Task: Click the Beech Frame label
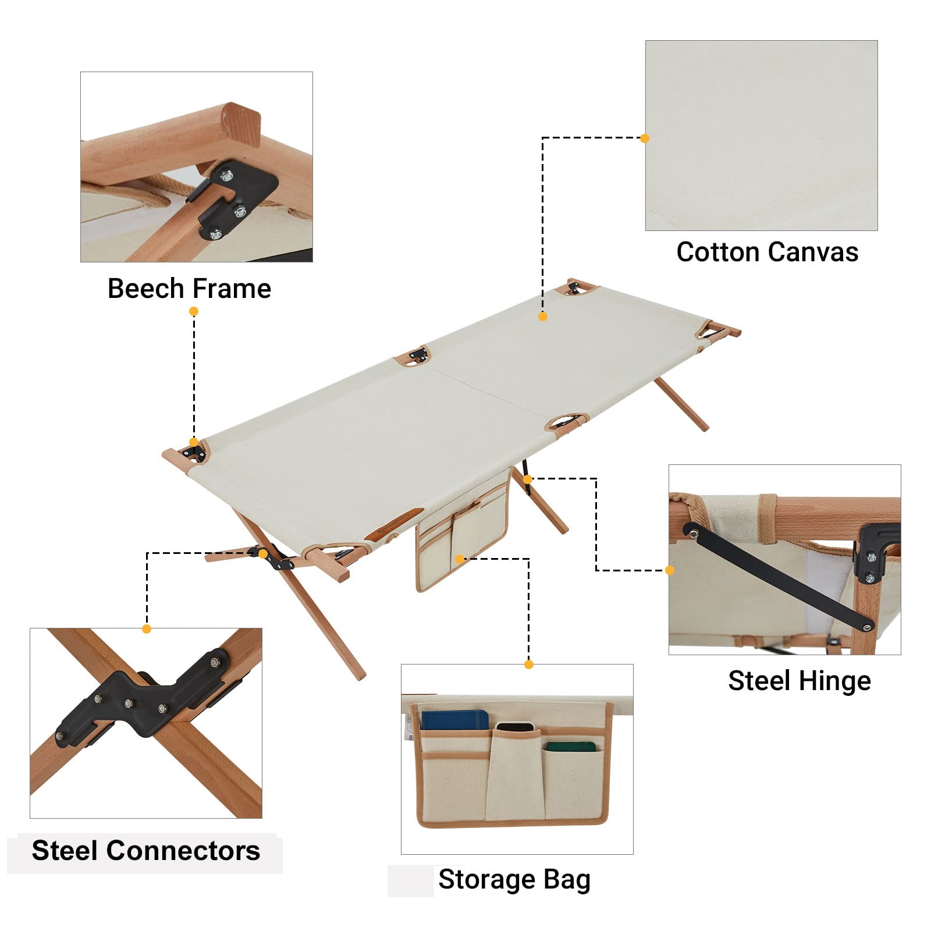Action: [x=189, y=289]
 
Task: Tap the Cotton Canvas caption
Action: [x=767, y=252]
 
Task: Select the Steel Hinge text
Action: [x=799, y=681]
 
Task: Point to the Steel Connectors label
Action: [x=145, y=851]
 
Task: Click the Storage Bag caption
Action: [x=514, y=880]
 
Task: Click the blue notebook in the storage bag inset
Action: [x=455, y=720]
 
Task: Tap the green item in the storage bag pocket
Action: [x=570, y=746]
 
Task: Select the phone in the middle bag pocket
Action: [x=514, y=727]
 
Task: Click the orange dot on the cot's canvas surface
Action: [x=543, y=317]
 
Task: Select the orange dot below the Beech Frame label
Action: [x=194, y=311]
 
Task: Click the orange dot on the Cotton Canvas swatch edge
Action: [x=644, y=138]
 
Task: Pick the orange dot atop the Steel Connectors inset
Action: [x=147, y=629]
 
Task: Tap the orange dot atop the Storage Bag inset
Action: [x=529, y=665]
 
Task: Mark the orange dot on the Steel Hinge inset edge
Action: [x=670, y=570]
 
